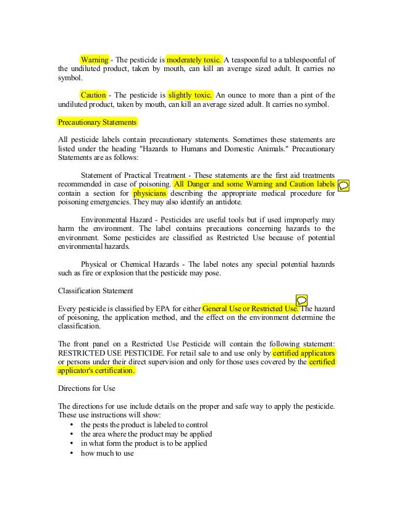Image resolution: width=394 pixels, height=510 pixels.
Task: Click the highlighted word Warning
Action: (x=94, y=60)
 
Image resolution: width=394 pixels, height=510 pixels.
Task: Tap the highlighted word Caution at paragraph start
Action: (x=93, y=95)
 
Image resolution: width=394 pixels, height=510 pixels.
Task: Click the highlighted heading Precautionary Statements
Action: (x=93, y=122)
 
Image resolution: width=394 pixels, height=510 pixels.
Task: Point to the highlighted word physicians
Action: (x=150, y=193)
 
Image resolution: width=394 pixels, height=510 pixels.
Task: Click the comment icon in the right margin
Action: (x=345, y=185)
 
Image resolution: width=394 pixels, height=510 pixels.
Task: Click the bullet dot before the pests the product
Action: (x=72, y=425)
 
